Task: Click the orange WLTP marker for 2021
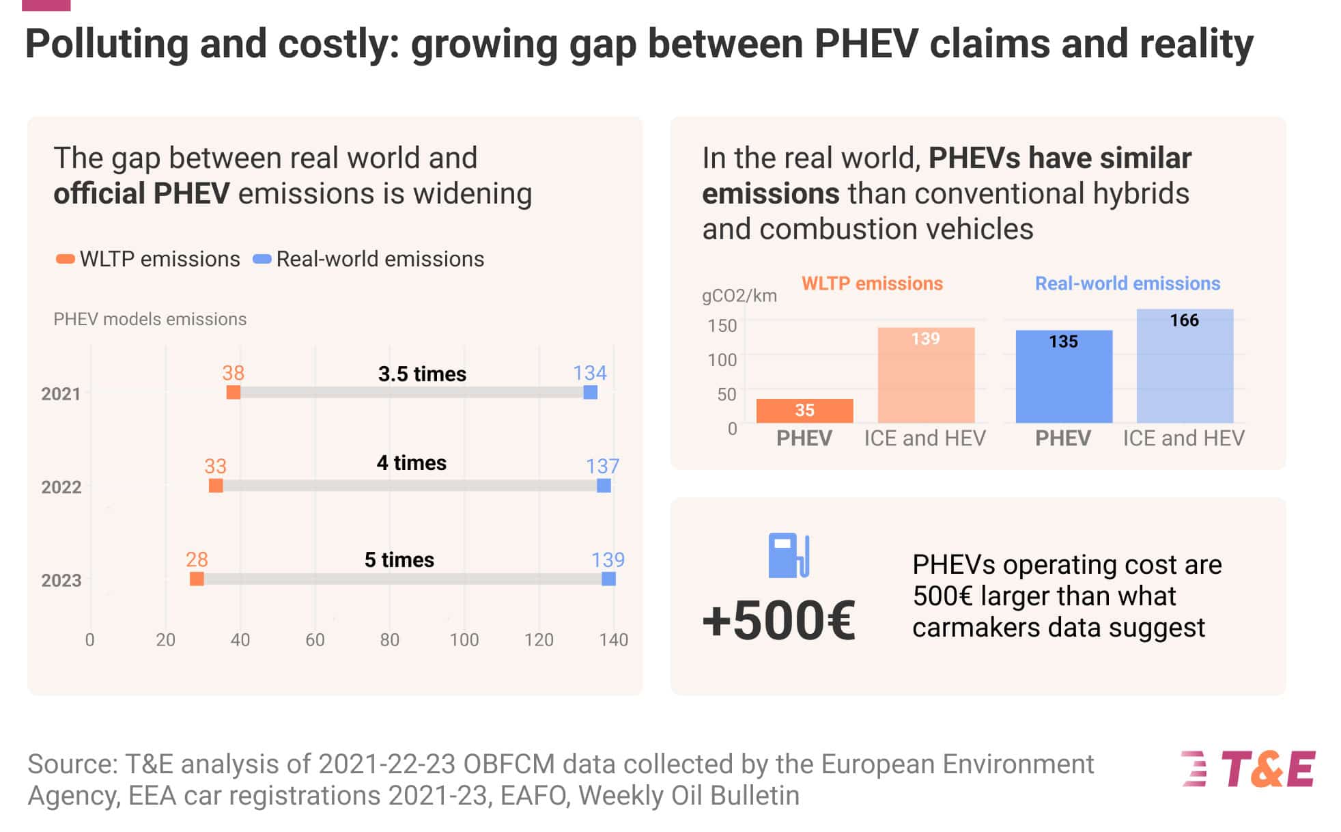[x=234, y=392]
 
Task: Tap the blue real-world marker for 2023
[x=608, y=579]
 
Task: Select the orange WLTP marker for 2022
[x=216, y=486]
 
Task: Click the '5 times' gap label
[x=399, y=560]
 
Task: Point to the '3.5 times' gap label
[x=422, y=374]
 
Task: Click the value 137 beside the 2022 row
[x=602, y=467]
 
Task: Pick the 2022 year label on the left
[x=61, y=487]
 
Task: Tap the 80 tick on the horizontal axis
[x=389, y=640]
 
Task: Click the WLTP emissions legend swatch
[x=66, y=260]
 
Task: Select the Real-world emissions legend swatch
[x=262, y=260]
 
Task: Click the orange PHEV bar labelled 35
[x=804, y=411]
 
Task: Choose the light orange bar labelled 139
[x=926, y=375]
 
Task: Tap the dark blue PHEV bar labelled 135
[x=1064, y=376]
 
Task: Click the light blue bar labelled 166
[x=1185, y=366]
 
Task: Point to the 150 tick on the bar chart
[x=722, y=326]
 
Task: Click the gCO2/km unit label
[x=739, y=296]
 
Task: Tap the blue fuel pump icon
[x=789, y=555]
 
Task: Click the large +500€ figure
[x=778, y=620]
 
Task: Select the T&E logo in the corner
[x=1249, y=769]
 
